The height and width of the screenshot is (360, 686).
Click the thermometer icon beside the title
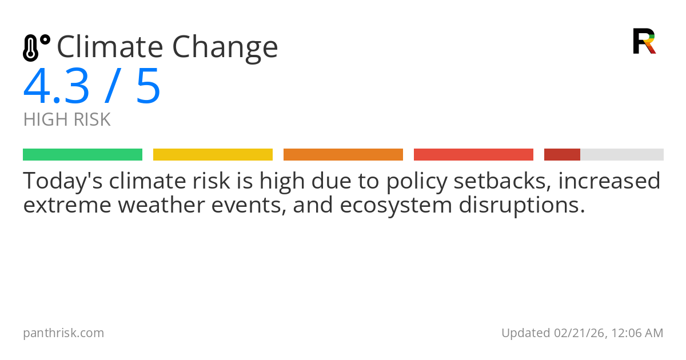click(35, 48)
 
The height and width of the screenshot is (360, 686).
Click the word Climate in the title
click(109, 47)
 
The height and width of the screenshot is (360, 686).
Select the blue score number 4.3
click(56, 87)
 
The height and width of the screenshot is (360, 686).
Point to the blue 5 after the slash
click(148, 87)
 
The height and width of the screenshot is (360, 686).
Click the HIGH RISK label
click(67, 120)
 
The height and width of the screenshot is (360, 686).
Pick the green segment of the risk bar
click(82, 155)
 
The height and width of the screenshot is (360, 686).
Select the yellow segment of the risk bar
click(213, 155)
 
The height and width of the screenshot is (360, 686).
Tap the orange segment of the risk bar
click(343, 155)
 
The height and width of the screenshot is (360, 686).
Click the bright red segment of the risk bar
click(473, 155)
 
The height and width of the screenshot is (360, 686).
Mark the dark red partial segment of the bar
click(562, 155)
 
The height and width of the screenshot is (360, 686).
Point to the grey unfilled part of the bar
click(622, 155)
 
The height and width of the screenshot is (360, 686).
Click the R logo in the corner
click(644, 41)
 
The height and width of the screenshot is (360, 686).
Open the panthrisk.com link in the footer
click(63, 333)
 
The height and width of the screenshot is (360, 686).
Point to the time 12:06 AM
click(636, 333)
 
